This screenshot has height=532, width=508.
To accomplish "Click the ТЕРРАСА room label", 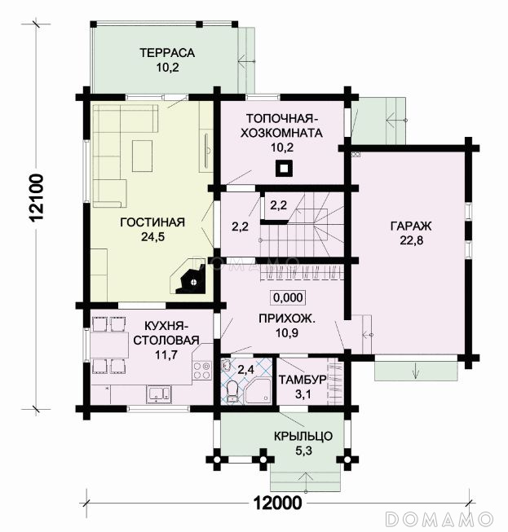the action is point(167,53).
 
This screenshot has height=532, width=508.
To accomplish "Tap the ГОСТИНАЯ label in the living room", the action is point(152,222).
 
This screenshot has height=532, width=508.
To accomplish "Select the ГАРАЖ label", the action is point(411,226).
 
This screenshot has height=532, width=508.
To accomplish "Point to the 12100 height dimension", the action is point(37,197).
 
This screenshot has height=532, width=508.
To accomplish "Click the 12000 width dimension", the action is point(278,503).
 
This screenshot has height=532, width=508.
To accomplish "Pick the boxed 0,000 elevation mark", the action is point(288,297).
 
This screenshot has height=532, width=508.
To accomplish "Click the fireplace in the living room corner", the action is point(190,278).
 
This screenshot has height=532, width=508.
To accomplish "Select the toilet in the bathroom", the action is point(232,392).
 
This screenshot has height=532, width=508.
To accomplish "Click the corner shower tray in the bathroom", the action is point(259,391).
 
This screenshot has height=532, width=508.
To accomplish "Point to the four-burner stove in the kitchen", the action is point(201,370).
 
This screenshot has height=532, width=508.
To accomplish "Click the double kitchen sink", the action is point(159,394).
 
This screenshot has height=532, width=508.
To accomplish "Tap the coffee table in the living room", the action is point(142,156).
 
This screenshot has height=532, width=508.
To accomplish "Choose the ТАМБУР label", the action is point(303,380).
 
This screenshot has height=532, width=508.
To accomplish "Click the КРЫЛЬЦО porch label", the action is point(303,436).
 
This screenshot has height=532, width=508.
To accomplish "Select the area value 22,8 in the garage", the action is point(411,240).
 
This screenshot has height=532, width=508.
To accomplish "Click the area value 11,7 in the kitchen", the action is point(166,355).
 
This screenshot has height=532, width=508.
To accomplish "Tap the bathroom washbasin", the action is point(226,365).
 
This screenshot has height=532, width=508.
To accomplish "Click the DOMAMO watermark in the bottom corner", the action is point(440,519).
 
